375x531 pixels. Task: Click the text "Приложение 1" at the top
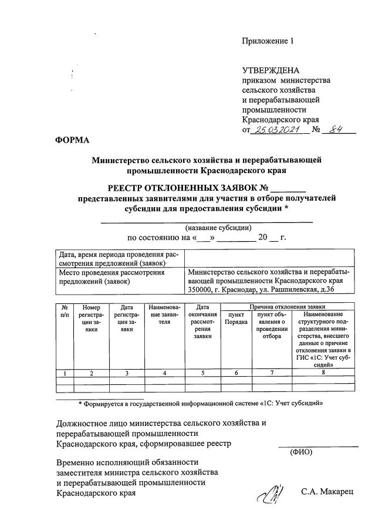[267, 41]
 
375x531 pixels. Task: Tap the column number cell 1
[65, 373]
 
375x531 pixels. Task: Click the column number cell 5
[202, 373]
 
